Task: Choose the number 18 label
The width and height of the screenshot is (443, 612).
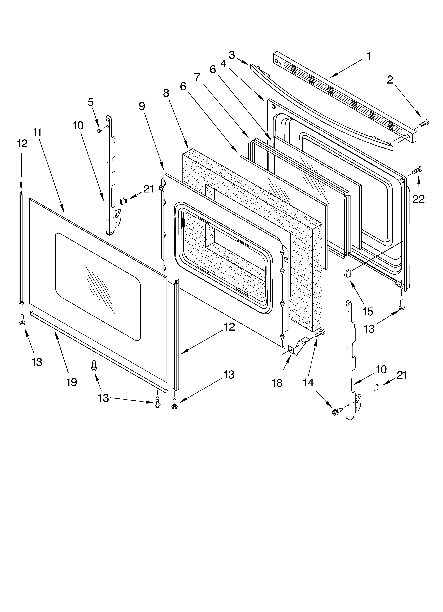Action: [x=277, y=383]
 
